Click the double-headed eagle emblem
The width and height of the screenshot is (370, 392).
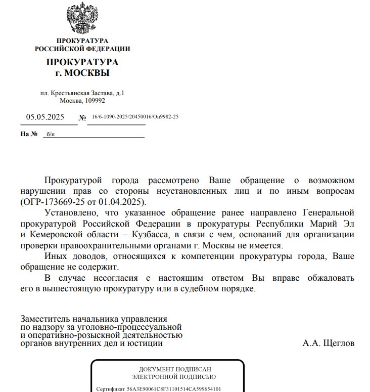(x=82, y=19)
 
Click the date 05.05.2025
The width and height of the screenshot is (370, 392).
(x=45, y=117)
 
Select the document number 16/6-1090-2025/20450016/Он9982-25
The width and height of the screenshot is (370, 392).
(x=135, y=117)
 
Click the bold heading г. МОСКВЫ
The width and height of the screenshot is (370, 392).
(x=82, y=73)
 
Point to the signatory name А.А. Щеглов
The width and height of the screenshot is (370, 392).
(x=329, y=343)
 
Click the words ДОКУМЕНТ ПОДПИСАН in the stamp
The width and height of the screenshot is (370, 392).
(x=175, y=369)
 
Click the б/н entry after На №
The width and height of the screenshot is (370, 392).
(x=50, y=135)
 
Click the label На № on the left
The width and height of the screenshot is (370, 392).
(x=29, y=134)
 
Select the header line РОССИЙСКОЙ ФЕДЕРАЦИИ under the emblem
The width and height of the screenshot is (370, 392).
(x=82, y=49)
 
